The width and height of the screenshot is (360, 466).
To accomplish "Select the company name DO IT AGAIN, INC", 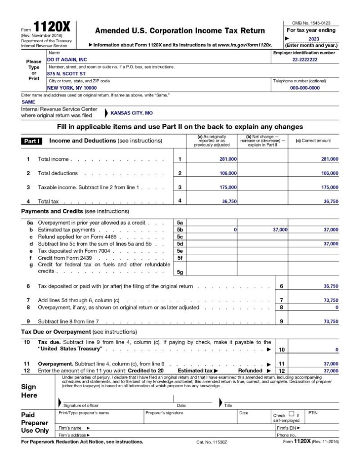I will click(67, 60).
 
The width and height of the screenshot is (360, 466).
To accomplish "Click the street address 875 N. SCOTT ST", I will click(66, 73).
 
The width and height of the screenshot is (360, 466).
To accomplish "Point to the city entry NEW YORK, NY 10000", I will click(72, 87).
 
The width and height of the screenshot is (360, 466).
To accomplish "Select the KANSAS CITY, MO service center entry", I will click(132, 112).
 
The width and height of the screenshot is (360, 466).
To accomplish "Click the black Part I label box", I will click(32, 141).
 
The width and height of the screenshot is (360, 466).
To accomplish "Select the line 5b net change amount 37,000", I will click(280, 230).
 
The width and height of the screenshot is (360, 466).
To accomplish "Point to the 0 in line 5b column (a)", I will click(235, 230).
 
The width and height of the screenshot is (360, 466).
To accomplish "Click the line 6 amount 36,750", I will click(330, 287).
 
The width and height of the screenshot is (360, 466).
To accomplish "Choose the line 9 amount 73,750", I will click(330, 321).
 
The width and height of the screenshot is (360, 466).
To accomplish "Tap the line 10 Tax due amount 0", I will click(336, 349).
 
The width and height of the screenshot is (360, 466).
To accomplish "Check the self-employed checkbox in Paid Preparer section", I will click(291, 414).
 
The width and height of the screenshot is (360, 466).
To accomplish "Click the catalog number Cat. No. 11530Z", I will click(212, 442).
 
